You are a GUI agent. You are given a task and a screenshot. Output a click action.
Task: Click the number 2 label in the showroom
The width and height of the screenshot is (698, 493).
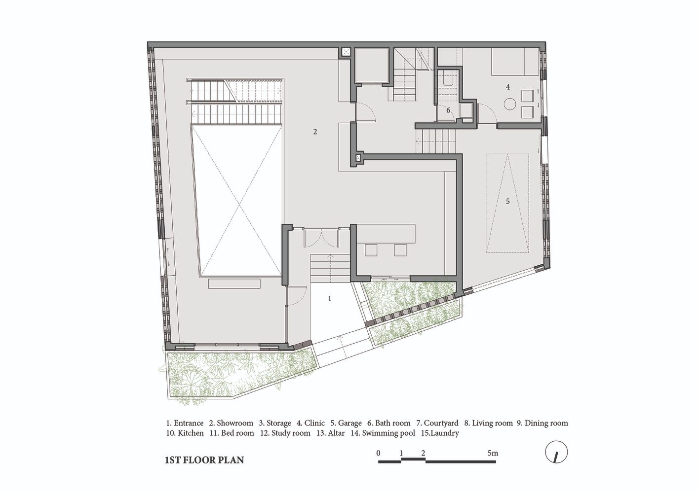click(315, 132)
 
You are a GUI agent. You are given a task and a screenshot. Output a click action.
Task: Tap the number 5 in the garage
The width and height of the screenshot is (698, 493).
click(507, 201)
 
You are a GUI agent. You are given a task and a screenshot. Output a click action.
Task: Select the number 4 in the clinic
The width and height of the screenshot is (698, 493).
click(508, 87)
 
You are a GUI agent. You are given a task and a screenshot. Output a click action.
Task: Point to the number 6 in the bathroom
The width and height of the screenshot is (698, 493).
click(448, 110)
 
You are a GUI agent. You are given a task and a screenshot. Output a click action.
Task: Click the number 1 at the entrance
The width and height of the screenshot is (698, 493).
click(330, 299)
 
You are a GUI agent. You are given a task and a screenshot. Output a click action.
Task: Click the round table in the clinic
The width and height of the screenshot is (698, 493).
click(511, 104)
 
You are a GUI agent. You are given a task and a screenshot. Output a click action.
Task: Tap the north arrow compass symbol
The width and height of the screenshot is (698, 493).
click(556, 453)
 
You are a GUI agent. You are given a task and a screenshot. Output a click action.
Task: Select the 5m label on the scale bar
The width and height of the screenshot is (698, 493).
click(493, 453)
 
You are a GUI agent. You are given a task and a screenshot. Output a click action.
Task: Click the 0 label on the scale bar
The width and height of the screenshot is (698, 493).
click(378, 453)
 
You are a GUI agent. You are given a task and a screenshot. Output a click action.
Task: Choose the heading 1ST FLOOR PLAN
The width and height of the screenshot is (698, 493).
click(204, 460)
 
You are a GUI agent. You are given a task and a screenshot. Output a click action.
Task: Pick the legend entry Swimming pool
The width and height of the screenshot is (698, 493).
click(388, 433)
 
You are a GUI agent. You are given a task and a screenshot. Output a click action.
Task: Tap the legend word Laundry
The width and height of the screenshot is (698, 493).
click(445, 433)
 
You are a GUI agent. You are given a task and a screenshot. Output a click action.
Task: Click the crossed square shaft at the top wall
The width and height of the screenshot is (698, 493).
click(345, 52)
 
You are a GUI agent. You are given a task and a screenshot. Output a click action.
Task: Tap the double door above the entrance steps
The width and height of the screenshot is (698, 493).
click(321, 238)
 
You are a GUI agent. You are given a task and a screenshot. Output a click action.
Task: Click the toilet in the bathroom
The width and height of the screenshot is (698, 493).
click(448, 80)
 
